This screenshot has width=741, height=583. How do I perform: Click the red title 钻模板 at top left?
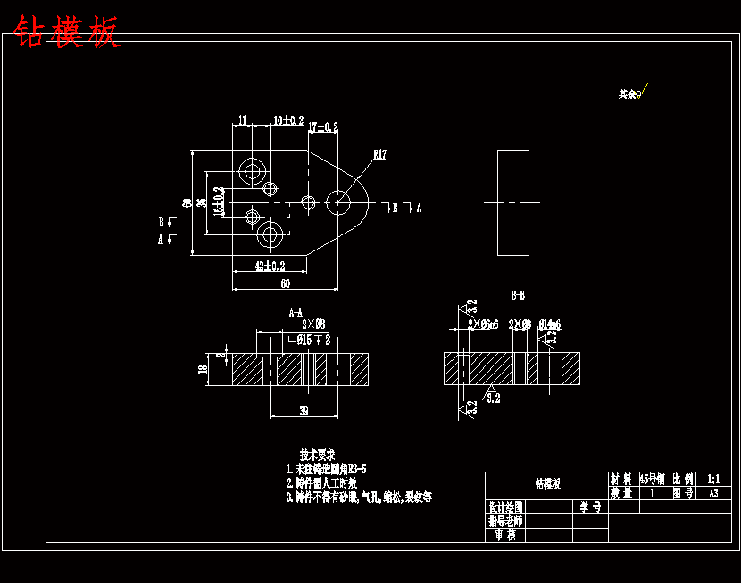pos(66,33)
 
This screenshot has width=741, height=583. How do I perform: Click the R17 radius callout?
pos(379,155)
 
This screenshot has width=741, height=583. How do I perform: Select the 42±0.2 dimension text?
pos(270,266)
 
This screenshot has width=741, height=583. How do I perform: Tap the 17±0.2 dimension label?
pos(323,127)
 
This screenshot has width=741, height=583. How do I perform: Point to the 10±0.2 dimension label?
pos(287,120)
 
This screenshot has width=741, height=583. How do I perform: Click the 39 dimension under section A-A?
pos(304,411)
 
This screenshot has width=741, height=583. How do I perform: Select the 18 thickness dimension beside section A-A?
pos(203,368)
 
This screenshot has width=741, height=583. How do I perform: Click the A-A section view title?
pos(296,313)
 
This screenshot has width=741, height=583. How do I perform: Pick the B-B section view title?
pos(517,294)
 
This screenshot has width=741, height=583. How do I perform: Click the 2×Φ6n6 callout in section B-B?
pos(482,324)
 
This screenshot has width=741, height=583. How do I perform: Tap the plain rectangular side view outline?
pos(513,202)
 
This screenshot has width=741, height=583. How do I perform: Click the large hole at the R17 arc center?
pos(338,202)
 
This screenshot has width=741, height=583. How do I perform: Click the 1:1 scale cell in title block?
pos(712,479)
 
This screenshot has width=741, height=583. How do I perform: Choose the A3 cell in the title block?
pos(712,492)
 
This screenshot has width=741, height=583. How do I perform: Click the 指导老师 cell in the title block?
pos(505,521)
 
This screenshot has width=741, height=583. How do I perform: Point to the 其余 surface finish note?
pos(629,94)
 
